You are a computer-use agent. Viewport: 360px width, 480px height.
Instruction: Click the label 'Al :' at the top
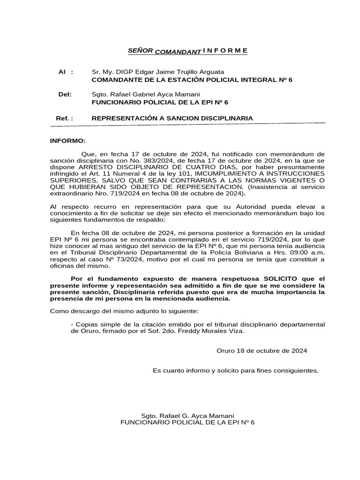pyautogui.click(x=65, y=72)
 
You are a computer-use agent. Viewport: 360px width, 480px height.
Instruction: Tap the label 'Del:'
pyautogui.click(x=65, y=94)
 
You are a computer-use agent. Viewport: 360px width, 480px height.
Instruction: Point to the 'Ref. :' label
pyautogui.click(x=64, y=119)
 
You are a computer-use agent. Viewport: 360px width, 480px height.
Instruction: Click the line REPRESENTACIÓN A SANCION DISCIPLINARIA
pyautogui.click(x=172, y=119)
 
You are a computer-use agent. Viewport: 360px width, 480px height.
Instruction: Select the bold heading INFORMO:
pyautogui.click(x=68, y=141)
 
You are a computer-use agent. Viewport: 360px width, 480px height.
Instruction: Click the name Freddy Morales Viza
pyautogui.click(x=216, y=330)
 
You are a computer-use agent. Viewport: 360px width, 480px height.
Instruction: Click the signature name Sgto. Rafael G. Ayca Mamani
pyautogui.click(x=187, y=416)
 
